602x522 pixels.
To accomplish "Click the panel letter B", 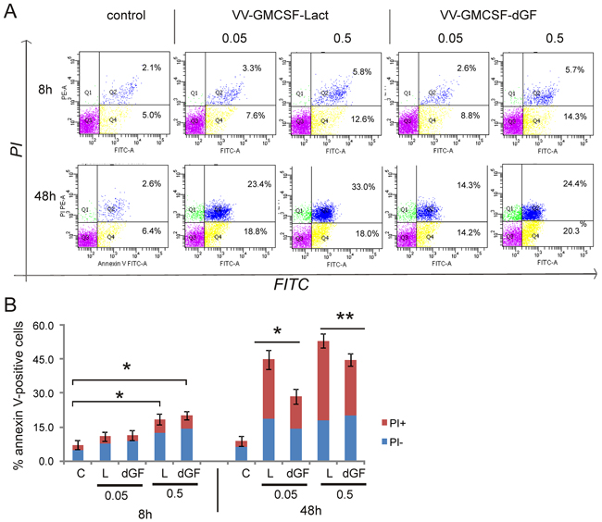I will point(10,303).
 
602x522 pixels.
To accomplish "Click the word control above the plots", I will point(127,15).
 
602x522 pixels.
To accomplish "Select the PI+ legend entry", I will point(552,400).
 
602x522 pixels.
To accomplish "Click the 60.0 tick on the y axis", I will point(44,328).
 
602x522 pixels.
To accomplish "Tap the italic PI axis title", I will point(18,145).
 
